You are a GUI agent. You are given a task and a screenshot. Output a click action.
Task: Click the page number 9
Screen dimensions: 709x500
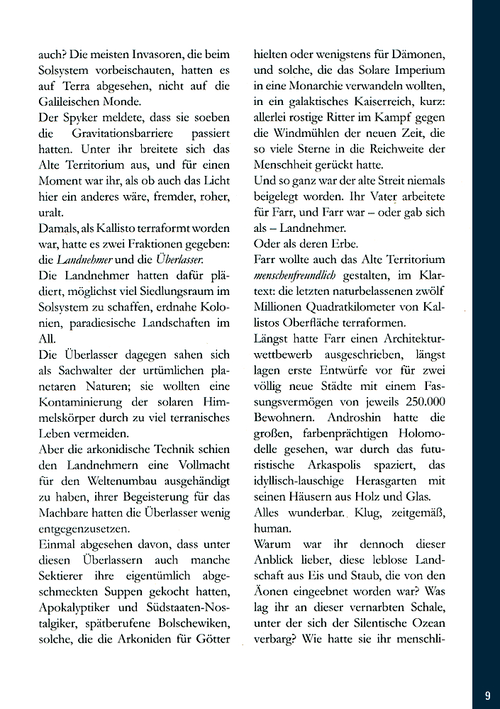tap(488, 696)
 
